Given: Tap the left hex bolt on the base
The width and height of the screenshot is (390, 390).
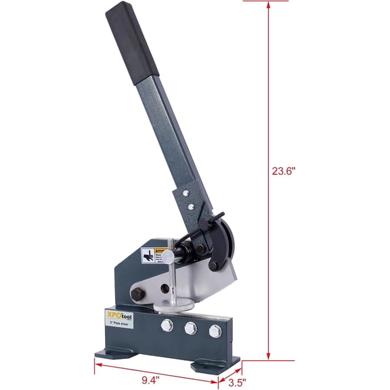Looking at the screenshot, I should (166, 326).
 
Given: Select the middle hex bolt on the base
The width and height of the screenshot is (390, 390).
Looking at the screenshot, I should (190, 329).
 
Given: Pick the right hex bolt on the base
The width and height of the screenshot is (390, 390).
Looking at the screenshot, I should (215, 331).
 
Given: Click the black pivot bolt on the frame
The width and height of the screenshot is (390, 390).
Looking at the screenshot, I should (135, 294).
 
